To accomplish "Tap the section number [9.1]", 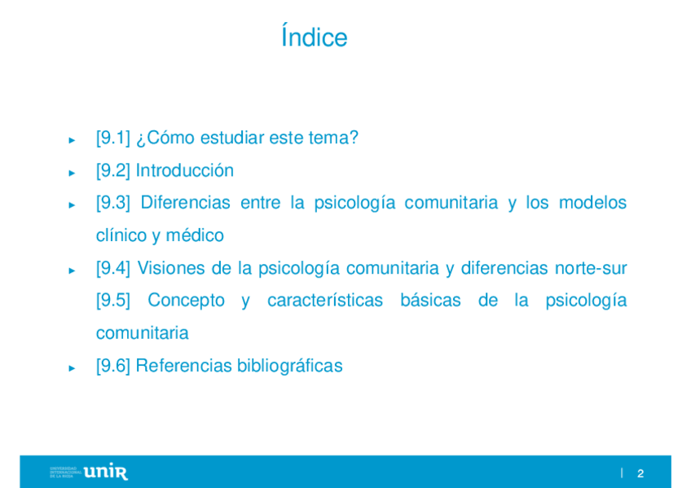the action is [113, 138].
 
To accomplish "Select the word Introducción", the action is [185, 170].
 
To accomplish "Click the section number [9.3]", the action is [113, 203].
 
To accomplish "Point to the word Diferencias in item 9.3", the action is [185, 203].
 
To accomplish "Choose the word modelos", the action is [592, 203].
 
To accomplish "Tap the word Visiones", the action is [171, 268].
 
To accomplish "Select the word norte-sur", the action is [591, 268].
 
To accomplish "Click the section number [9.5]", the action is [113, 301].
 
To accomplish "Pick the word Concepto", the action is [186, 301].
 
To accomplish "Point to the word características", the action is [325, 301].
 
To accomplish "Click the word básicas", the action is [430, 301].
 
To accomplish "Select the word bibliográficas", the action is [289, 366].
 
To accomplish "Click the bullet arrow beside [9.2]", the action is [72, 173].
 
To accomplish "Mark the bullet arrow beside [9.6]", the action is [72, 368].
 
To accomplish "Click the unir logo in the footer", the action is [105, 472].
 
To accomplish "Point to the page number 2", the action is [640, 473].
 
